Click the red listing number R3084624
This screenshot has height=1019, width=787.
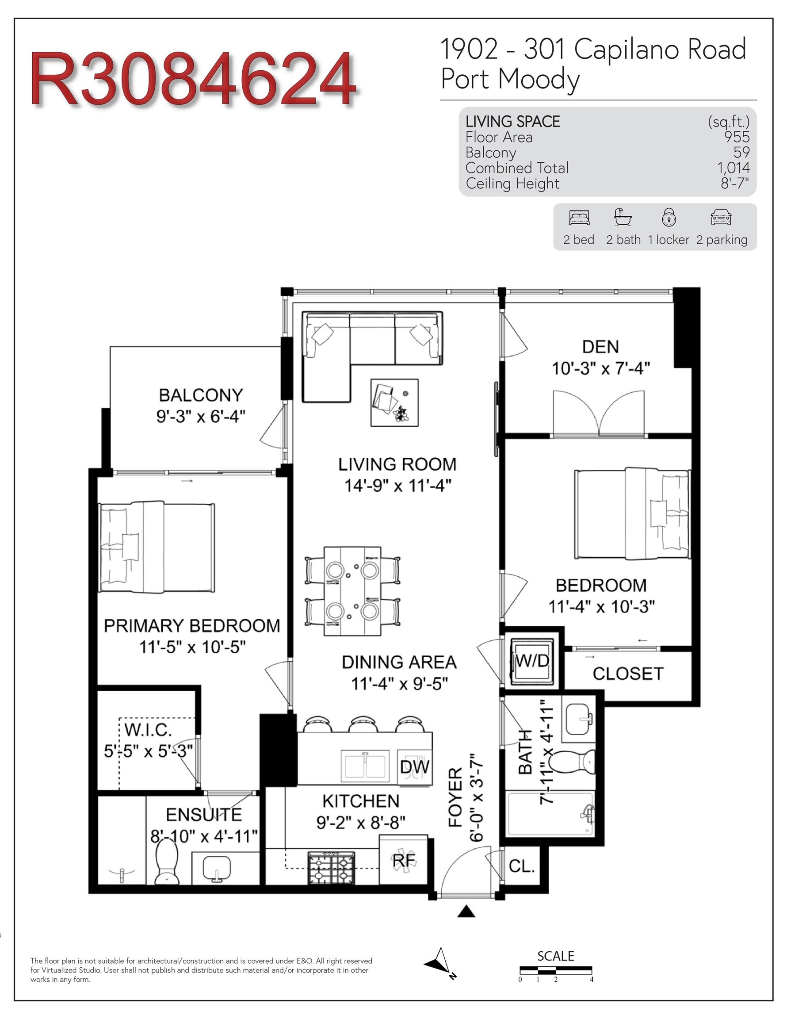tap(194, 79)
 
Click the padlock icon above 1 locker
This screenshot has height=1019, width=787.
tap(669, 218)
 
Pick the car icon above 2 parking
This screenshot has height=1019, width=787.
tap(721, 218)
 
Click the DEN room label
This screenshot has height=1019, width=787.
tap(600, 347)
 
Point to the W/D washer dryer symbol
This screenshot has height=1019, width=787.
tap(532, 661)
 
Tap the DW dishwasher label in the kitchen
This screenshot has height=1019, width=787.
tap(414, 766)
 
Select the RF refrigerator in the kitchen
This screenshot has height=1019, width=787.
tap(404, 859)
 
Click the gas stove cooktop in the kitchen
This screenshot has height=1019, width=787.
tap(331, 867)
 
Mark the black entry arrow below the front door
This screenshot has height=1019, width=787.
tap(466, 911)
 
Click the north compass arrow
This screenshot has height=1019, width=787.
tap(440, 963)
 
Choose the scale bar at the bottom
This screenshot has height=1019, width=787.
tap(556, 970)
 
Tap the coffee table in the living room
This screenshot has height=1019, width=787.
tap(394, 402)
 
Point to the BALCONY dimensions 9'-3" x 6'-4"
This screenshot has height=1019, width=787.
tap(201, 416)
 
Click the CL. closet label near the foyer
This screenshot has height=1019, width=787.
tap(521, 866)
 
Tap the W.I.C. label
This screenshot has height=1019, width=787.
tap(148, 729)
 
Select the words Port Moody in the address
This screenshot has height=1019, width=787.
tap(510, 79)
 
